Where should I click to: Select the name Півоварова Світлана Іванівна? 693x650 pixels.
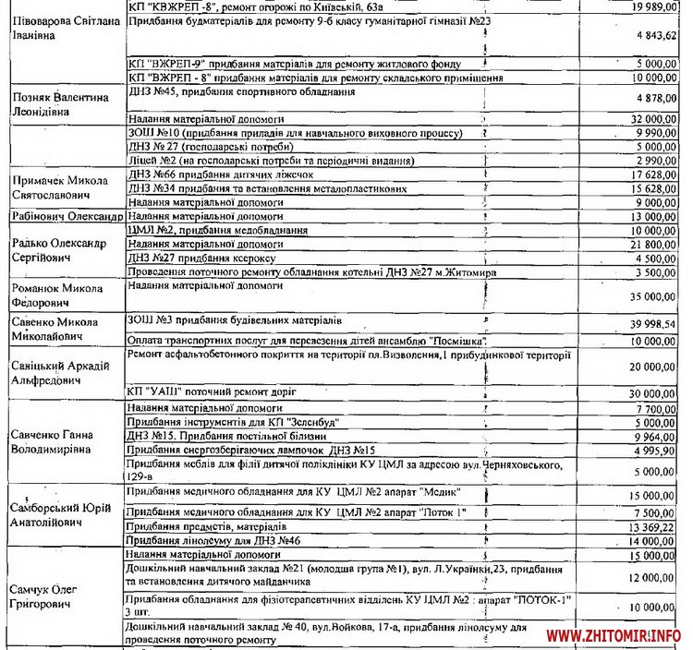[63, 27]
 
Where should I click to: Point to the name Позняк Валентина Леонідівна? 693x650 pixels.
[59, 102]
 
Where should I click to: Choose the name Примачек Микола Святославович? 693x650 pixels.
[58, 187]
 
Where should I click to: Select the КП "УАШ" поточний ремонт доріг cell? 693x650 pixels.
[207, 392]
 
